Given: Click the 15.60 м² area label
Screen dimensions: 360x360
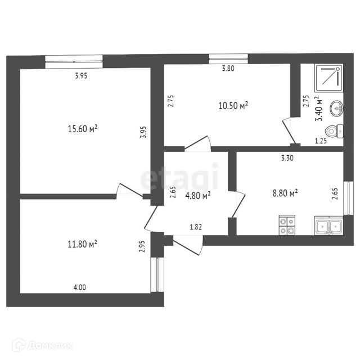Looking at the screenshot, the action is click(82, 129).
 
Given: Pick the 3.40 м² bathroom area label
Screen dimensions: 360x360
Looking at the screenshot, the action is click(319, 109).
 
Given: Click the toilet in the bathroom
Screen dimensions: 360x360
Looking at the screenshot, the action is click(335, 131).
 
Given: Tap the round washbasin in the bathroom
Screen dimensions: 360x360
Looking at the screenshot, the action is click(336, 107).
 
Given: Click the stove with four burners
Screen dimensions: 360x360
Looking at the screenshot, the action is click(286, 225).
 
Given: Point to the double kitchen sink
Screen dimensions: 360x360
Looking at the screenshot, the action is click(328, 226).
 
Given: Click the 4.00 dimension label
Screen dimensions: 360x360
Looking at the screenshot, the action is click(80, 287).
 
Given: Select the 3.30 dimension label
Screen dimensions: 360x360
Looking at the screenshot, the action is click(287, 158).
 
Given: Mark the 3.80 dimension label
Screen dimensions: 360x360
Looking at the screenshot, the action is click(228, 69).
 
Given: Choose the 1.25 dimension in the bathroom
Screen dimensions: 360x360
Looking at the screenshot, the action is click(321, 141).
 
